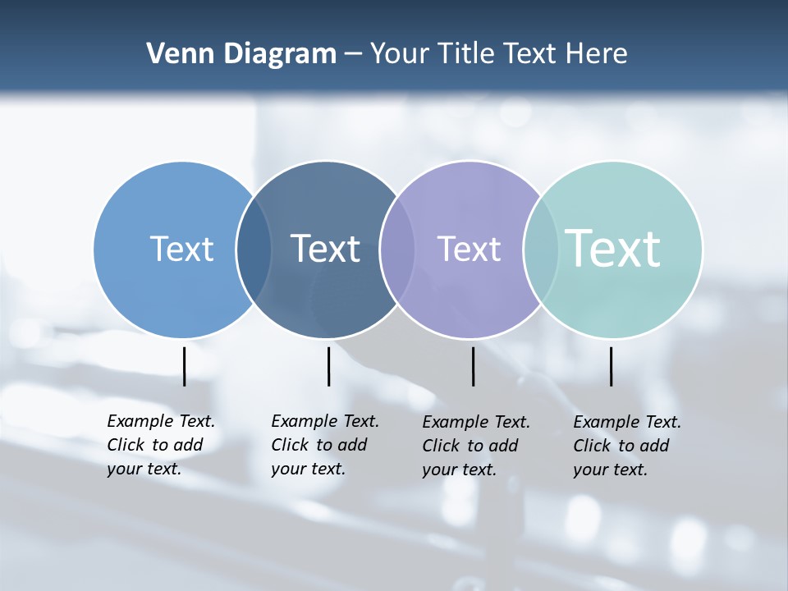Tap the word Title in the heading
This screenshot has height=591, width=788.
pyautogui.click(x=466, y=54)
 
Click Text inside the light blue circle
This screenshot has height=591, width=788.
pyautogui.click(x=181, y=249)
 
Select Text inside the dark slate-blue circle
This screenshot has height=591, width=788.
pyautogui.click(x=326, y=249)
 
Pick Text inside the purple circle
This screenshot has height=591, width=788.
pyautogui.click(x=469, y=249)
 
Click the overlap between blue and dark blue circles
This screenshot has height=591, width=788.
pyautogui.click(x=254, y=250)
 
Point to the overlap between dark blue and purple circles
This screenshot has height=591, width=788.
pyautogui.click(x=396, y=250)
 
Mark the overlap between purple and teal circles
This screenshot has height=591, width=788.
pyautogui.click(x=540, y=250)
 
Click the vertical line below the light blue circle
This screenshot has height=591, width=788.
pyautogui.click(x=185, y=366)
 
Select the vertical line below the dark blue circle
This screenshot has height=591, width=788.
pyautogui.click(x=328, y=366)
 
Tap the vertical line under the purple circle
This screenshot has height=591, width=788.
pyautogui.click(x=473, y=366)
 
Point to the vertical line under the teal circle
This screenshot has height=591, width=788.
pyautogui.click(x=611, y=366)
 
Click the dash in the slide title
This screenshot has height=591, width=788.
pyautogui.click(x=353, y=55)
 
